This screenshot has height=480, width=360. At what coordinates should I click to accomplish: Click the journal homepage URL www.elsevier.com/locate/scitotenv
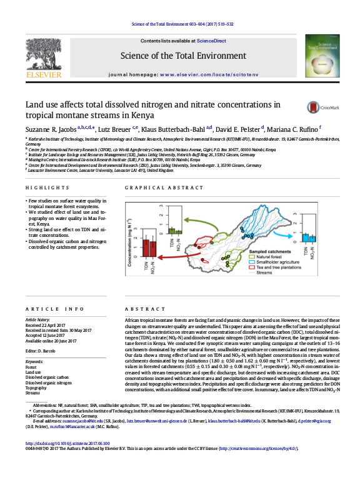click(210, 74)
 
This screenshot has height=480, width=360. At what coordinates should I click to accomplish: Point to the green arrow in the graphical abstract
click(203, 224)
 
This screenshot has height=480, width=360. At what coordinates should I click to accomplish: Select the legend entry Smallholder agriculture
click(279, 261)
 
